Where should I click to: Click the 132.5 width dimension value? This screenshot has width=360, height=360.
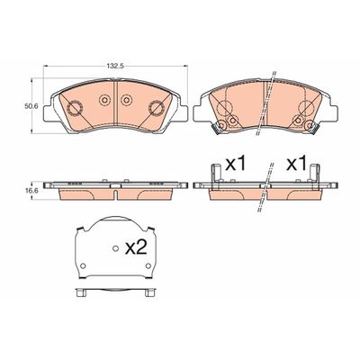(x=112, y=65)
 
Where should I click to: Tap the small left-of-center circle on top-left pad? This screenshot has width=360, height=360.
(x=103, y=99)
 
